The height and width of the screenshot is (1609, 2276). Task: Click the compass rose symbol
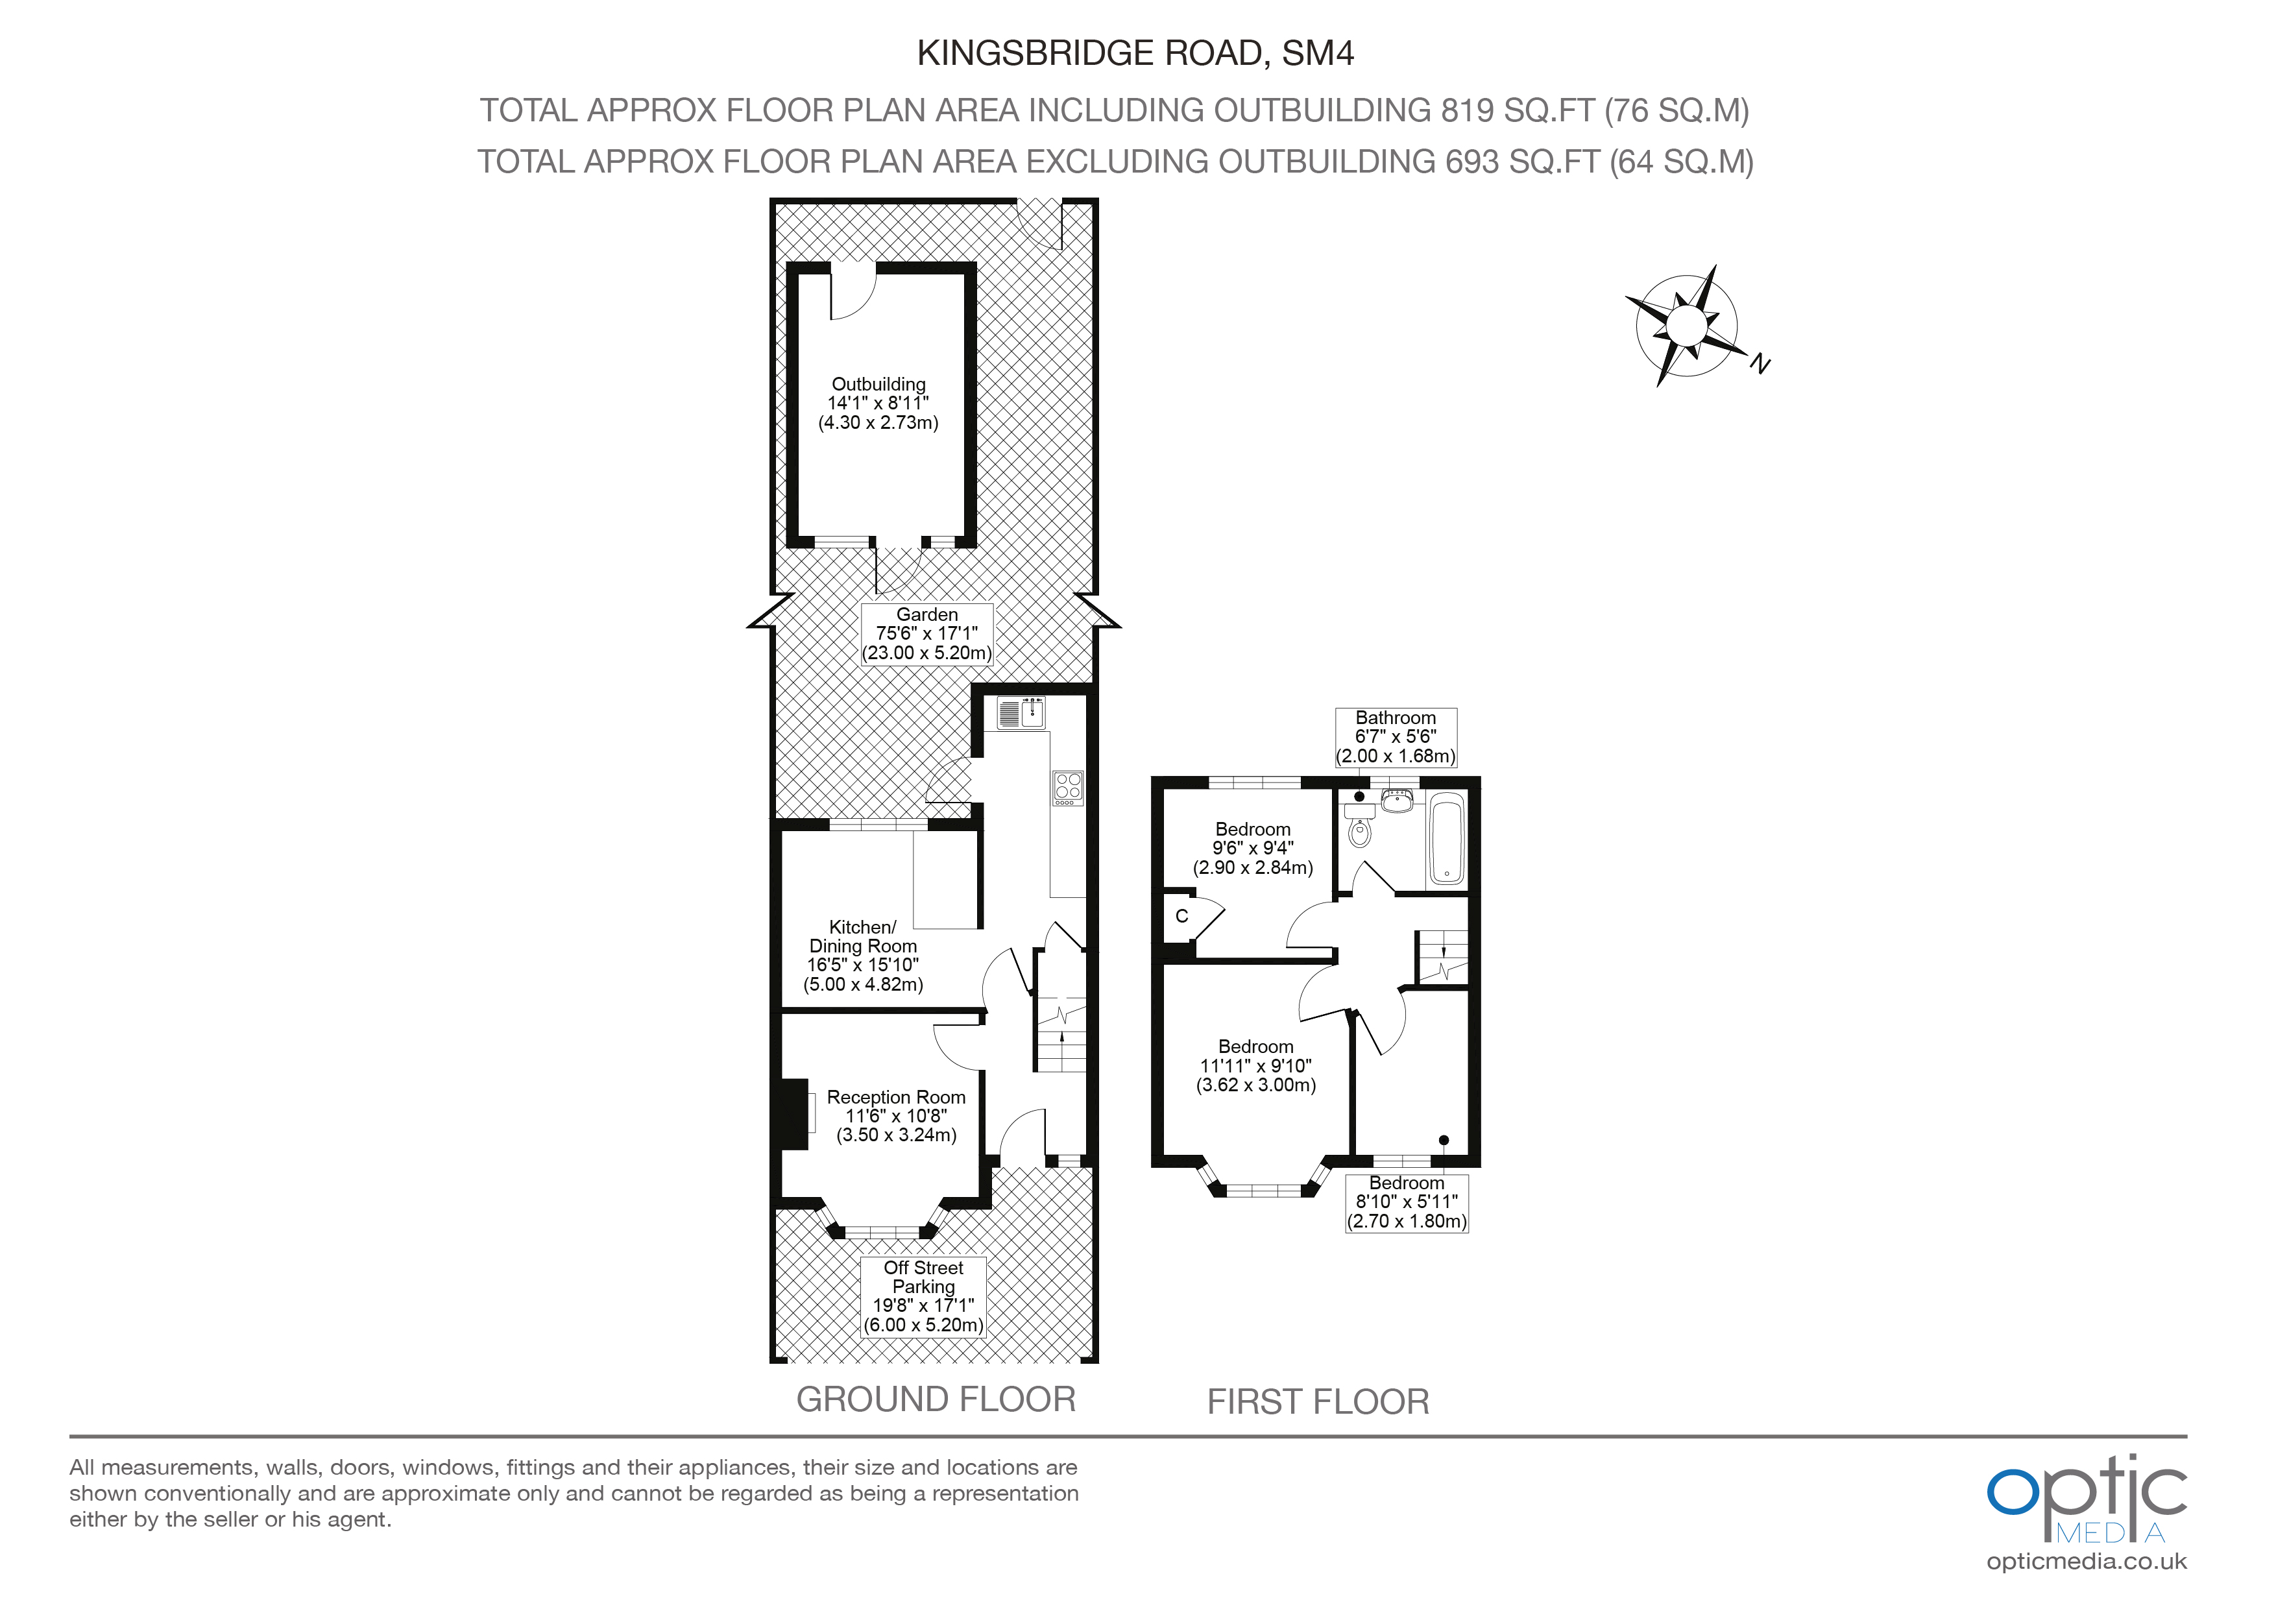point(1685,325)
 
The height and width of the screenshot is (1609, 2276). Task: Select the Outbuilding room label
point(878,402)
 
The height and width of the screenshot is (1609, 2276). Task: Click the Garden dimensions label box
point(927,633)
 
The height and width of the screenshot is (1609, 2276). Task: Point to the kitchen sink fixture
point(1021,714)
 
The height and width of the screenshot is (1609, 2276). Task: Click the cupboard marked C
point(1181,917)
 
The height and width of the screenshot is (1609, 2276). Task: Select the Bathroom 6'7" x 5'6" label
point(1396,736)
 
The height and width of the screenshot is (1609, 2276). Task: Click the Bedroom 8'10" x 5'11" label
point(1407,1202)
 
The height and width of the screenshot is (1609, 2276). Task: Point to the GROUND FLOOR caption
point(936,1399)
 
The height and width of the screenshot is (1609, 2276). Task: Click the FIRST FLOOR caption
point(1318,1402)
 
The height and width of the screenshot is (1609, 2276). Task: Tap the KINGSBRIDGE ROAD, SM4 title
point(1135,53)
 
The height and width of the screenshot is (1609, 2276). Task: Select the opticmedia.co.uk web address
point(2086,1562)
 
